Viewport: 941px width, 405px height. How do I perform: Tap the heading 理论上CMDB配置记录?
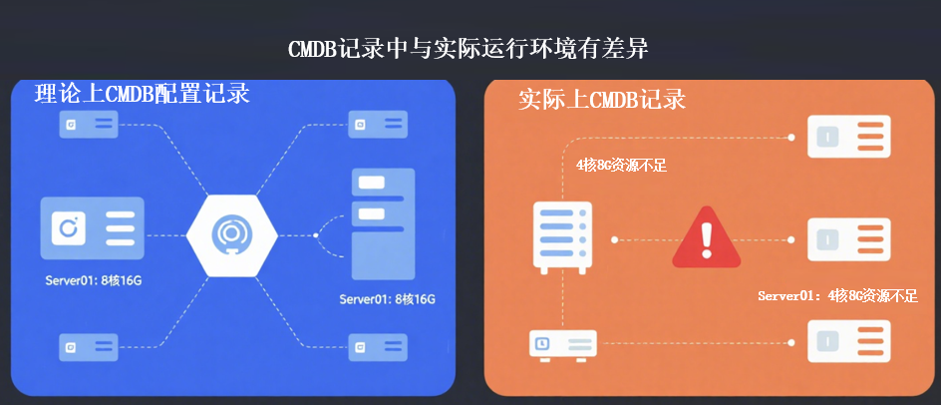(142, 94)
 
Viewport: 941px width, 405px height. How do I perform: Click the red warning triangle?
(707, 238)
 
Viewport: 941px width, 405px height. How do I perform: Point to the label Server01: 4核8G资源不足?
(836, 295)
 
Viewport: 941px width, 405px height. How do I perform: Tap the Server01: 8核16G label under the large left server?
(94, 280)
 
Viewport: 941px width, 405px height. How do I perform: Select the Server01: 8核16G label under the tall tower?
(388, 299)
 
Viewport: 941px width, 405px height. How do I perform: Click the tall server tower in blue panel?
(383, 224)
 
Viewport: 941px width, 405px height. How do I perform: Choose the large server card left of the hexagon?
(92, 230)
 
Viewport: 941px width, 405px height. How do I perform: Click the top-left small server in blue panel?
(87, 124)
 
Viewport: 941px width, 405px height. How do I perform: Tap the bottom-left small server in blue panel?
(87, 347)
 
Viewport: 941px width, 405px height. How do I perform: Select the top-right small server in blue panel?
(377, 125)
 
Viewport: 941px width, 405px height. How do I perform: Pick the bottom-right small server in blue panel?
(377, 347)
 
